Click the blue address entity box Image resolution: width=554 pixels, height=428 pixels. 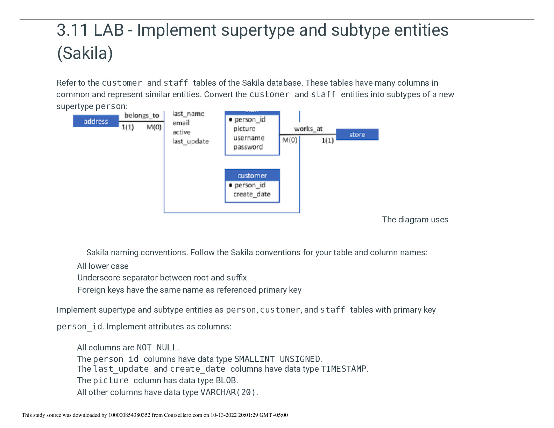coord(95,121)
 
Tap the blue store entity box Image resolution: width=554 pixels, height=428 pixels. coord(357,135)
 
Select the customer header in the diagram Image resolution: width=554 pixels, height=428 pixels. coord(252,176)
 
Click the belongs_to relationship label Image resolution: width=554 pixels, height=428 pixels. coord(142,115)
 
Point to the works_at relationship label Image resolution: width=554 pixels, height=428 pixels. coord(308,129)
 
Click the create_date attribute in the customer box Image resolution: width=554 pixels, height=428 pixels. coord(252,194)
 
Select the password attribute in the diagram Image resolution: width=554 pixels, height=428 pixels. coord(248,147)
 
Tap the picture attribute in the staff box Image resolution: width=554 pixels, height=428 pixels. coord(244,129)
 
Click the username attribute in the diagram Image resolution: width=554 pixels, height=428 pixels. coord(249,138)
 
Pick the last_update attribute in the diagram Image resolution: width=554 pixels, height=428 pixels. coord(190,141)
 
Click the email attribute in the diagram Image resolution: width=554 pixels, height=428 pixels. coord(181,123)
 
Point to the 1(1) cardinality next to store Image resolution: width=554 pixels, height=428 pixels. coord(327,140)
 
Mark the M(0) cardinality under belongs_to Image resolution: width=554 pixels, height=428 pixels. coord(154,127)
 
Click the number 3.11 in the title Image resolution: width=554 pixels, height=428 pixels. coord(72,30)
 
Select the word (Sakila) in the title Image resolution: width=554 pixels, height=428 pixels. coord(85,53)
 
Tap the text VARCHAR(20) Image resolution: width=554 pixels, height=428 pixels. coord(228,392)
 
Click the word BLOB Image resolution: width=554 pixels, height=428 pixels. coord(226,380)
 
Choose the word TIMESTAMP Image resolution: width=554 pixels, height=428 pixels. coord(344,369)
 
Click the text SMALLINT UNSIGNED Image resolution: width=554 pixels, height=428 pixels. coord(277,359)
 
